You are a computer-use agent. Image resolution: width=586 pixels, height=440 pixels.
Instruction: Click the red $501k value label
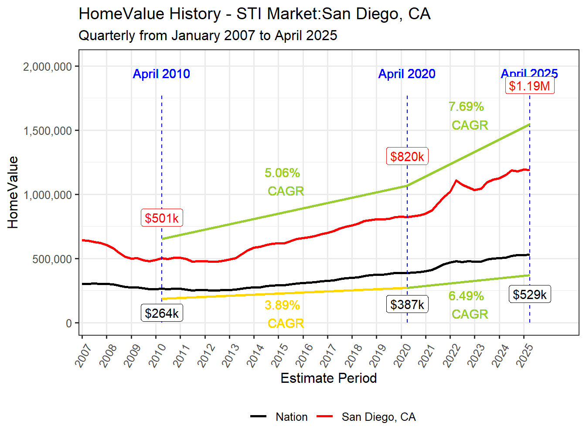click(x=162, y=218)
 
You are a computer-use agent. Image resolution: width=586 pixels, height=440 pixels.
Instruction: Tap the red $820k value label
click(x=407, y=156)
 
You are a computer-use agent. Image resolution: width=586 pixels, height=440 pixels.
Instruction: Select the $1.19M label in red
click(x=530, y=86)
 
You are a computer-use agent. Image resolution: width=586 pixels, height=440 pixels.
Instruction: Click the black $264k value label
click(x=162, y=313)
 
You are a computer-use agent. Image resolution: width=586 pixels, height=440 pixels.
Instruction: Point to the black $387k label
click(x=407, y=304)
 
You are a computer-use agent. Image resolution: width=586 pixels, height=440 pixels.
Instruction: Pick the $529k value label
click(x=530, y=294)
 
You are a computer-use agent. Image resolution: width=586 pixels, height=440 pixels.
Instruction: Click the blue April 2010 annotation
click(x=161, y=74)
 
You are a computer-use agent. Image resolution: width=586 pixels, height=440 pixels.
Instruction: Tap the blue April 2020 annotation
click(x=407, y=74)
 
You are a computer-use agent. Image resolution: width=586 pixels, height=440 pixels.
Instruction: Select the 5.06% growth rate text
click(x=282, y=173)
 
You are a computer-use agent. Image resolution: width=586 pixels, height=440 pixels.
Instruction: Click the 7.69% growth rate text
click(x=466, y=107)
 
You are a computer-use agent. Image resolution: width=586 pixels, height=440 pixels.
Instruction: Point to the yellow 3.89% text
click(x=282, y=305)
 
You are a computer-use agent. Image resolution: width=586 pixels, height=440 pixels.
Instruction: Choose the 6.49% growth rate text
click(x=466, y=296)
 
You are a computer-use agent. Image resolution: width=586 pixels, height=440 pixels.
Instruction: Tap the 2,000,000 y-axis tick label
click(x=48, y=66)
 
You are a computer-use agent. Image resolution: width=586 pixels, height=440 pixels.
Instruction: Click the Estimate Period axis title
click(x=328, y=378)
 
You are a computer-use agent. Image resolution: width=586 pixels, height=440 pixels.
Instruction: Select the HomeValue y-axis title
click(x=13, y=192)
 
